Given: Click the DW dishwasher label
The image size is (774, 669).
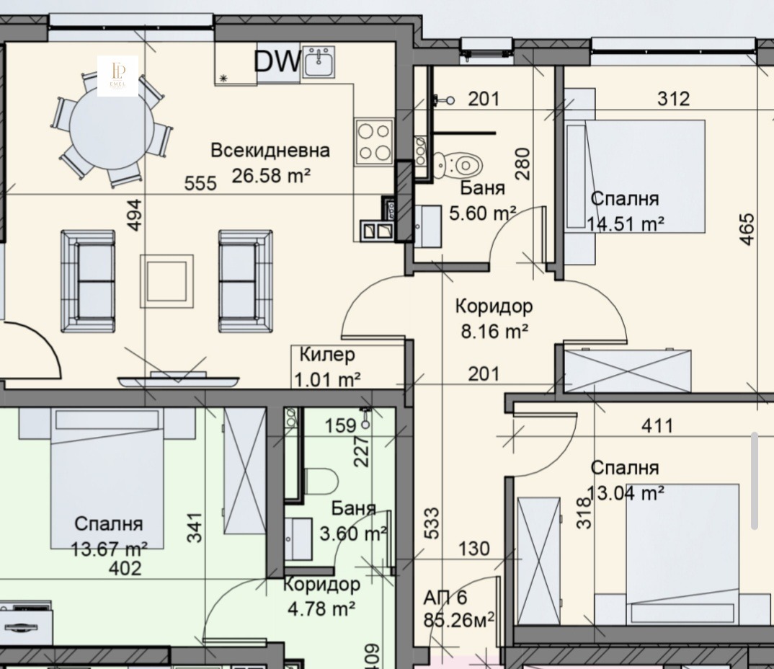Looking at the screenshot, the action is click(x=277, y=61).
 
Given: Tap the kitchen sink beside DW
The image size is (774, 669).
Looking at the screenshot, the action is click(x=319, y=62).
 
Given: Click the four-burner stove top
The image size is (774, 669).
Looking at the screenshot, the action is click(x=374, y=142).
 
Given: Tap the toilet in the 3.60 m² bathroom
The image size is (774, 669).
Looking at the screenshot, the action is click(x=321, y=482).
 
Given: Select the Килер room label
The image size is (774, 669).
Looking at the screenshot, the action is click(x=327, y=354).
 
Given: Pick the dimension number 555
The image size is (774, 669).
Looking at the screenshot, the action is click(x=200, y=184).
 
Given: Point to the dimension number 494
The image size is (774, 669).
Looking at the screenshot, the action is click(x=135, y=215).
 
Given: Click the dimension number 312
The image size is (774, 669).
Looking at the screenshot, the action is click(x=673, y=99).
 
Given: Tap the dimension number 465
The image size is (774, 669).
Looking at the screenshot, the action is click(x=747, y=229).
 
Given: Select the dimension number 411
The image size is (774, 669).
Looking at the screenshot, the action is click(x=657, y=425).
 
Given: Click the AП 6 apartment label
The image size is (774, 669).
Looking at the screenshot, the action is click(x=445, y=598).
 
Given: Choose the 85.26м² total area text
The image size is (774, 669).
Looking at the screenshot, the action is click(x=459, y=620).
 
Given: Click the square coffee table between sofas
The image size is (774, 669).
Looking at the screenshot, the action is click(x=167, y=281).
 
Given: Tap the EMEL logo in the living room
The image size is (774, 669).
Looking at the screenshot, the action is click(x=117, y=76).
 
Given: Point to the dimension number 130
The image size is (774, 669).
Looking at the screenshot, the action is click(x=474, y=549).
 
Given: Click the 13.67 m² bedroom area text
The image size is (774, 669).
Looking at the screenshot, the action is click(x=109, y=549).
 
